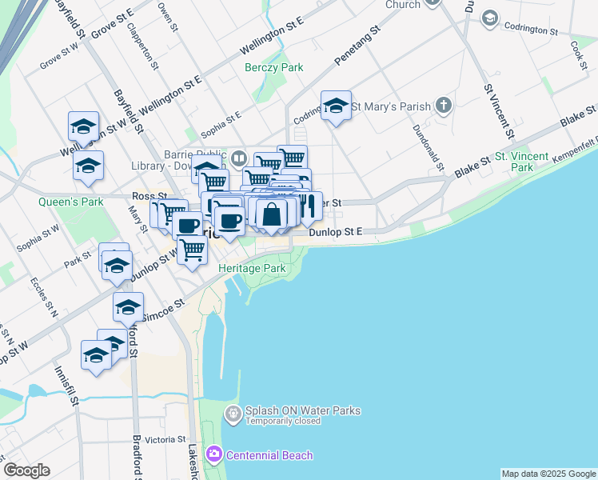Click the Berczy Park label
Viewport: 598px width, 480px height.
pos(274,68)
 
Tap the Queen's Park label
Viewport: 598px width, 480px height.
pos(71,202)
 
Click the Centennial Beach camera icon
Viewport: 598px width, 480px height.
pos(213,455)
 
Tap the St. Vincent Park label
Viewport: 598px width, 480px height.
pos(521,162)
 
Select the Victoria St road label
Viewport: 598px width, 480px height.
pos(165,440)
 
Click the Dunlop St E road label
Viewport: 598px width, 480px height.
pos(337,231)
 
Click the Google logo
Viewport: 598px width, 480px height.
pos(26,471)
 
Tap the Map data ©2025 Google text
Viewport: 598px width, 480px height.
pos(548,474)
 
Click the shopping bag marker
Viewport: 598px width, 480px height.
pos(272,214)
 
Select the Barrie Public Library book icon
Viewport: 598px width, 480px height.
pos(239,157)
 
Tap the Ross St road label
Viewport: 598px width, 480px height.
pos(149,196)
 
